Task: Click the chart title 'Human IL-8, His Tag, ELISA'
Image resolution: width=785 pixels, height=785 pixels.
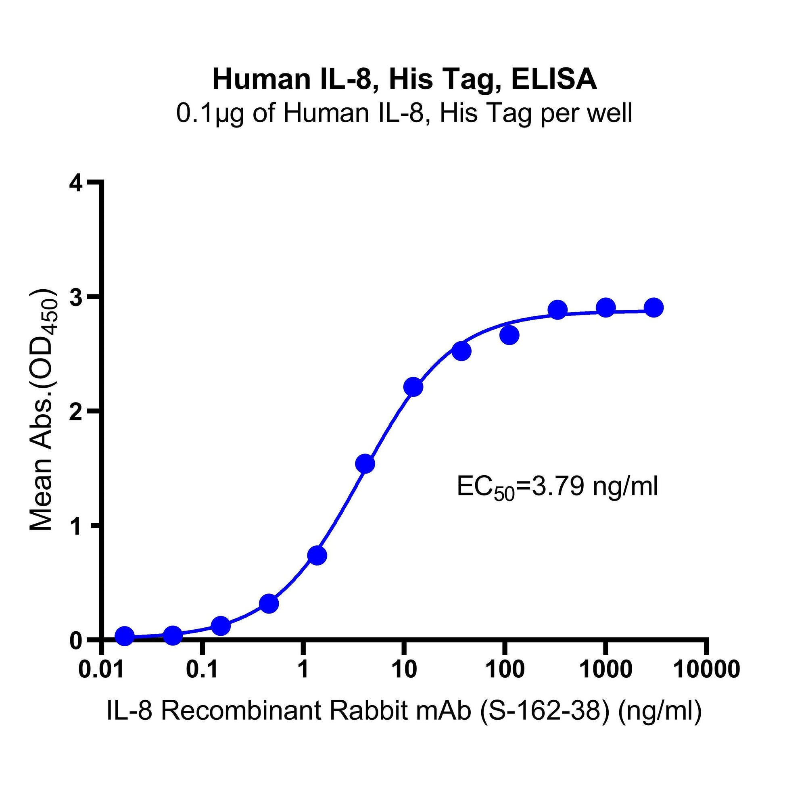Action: (x=404, y=79)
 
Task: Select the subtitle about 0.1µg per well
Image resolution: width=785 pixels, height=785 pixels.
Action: (x=404, y=113)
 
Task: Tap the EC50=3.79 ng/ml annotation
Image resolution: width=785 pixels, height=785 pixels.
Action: (x=557, y=487)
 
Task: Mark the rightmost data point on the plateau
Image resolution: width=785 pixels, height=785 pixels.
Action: (x=654, y=307)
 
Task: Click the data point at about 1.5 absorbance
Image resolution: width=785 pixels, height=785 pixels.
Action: (x=365, y=463)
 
